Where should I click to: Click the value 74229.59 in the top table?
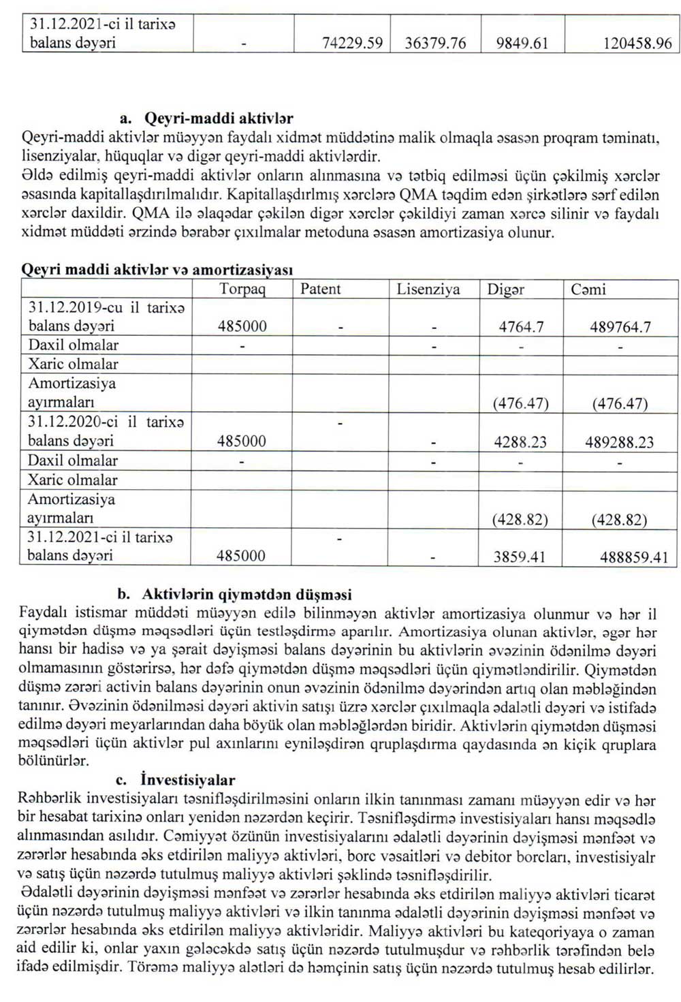pyautogui.click(x=352, y=44)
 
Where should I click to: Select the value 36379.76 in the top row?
pyautogui.click(x=435, y=44)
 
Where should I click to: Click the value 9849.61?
pyautogui.click(x=522, y=44)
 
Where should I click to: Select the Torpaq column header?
pyautogui.click(x=242, y=289)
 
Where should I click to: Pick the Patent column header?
pyautogui.click(x=321, y=289)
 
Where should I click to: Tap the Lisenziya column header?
pyautogui.click(x=428, y=289)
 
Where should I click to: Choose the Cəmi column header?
pyautogui.click(x=588, y=289)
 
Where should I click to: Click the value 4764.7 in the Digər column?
pyautogui.click(x=521, y=327)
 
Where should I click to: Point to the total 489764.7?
pyautogui.click(x=620, y=327)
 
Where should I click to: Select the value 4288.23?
pyautogui.click(x=520, y=442)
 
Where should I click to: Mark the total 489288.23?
pyautogui.click(x=619, y=442)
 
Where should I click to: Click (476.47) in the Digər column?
pyautogui.click(x=521, y=403)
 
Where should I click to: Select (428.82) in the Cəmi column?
pyautogui.click(x=619, y=520)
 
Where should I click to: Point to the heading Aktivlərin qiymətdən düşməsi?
pyautogui.click(x=247, y=595)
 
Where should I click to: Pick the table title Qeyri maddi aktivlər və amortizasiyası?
pyautogui.click(x=157, y=270)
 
